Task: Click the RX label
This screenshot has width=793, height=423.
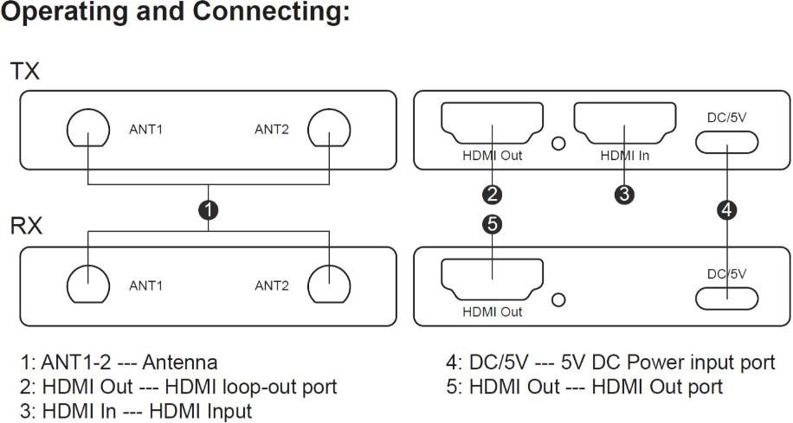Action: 26,228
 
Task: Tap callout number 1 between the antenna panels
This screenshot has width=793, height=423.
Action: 208,209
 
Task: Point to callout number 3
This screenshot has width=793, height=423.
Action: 624,193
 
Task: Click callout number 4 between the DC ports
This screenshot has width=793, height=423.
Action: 727,208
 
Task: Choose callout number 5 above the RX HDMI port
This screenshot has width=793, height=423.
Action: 493,225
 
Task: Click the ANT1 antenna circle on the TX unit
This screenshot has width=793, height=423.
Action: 88,131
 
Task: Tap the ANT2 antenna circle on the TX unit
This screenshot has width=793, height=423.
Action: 330,131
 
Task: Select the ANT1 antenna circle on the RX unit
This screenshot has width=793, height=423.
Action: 88,285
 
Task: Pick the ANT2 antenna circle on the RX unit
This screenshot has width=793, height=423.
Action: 330,285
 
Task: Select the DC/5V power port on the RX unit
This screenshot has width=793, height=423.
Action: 727,298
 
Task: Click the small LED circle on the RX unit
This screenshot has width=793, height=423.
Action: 559,299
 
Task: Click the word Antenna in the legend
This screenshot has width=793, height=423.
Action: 184,362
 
